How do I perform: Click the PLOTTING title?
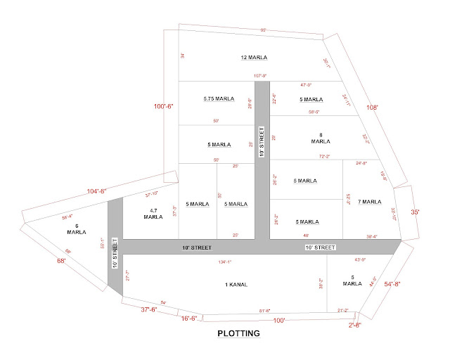click(x=239, y=333)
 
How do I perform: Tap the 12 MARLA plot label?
click(x=255, y=58)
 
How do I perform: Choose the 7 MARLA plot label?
click(x=370, y=202)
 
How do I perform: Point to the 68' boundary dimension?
click(x=61, y=261)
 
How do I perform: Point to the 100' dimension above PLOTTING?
click(x=279, y=321)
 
